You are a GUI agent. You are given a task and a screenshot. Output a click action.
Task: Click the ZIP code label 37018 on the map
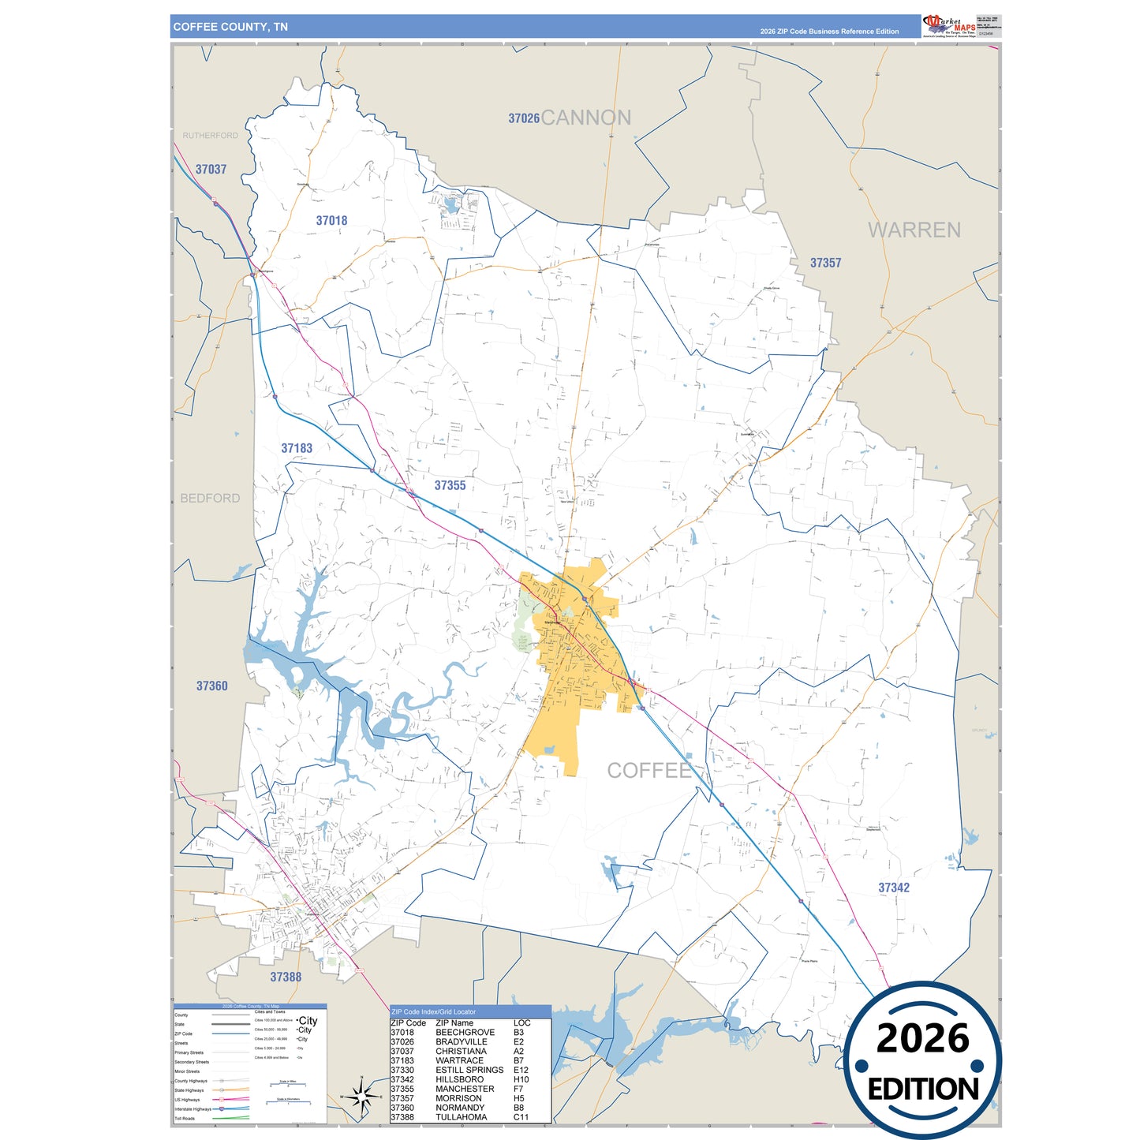pyautogui.click(x=331, y=221)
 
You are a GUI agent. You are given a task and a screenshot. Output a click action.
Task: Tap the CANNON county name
pyautogui.click(x=585, y=118)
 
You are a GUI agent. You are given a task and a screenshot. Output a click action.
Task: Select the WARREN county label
pyautogui.click(x=914, y=230)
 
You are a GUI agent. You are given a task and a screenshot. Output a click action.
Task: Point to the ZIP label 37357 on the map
pyautogui.click(x=825, y=263)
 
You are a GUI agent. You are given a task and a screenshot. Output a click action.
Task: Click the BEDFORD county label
pyautogui.click(x=210, y=498)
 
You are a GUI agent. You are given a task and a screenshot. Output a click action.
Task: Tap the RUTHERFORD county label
pyautogui.click(x=210, y=136)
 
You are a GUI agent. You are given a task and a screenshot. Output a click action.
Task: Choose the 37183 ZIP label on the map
pyautogui.click(x=297, y=448)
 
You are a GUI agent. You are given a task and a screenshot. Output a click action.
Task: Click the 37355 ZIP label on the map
pyautogui.click(x=450, y=485)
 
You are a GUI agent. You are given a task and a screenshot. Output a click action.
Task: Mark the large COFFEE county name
pyautogui.click(x=648, y=770)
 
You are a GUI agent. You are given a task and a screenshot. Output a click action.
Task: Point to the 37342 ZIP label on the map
pyautogui.click(x=893, y=888)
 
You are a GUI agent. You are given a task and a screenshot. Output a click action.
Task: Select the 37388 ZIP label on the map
pyautogui.click(x=286, y=977)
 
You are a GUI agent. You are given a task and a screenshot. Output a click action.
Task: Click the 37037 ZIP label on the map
pyautogui.click(x=211, y=169)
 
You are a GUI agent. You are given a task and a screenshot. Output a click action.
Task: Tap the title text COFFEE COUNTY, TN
pyautogui.click(x=230, y=27)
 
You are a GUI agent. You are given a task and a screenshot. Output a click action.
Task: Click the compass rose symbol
pyautogui.click(x=361, y=1097)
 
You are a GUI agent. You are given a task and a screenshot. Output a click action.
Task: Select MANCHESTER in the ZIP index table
pyautogui.click(x=465, y=1089)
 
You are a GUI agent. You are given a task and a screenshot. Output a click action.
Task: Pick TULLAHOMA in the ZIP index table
pyautogui.click(x=461, y=1117)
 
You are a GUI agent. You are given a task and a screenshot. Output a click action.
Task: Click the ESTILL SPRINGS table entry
pyautogui.click(x=469, y=1070)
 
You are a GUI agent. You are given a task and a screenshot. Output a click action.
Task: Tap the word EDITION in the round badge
pyautogui.click(x=922, y=1090)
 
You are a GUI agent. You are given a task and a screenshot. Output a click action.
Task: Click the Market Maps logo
pyautogui.click(x=949, y=25)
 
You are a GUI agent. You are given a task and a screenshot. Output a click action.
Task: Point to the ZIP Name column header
pyautogui.click(x=454, y=1022)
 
